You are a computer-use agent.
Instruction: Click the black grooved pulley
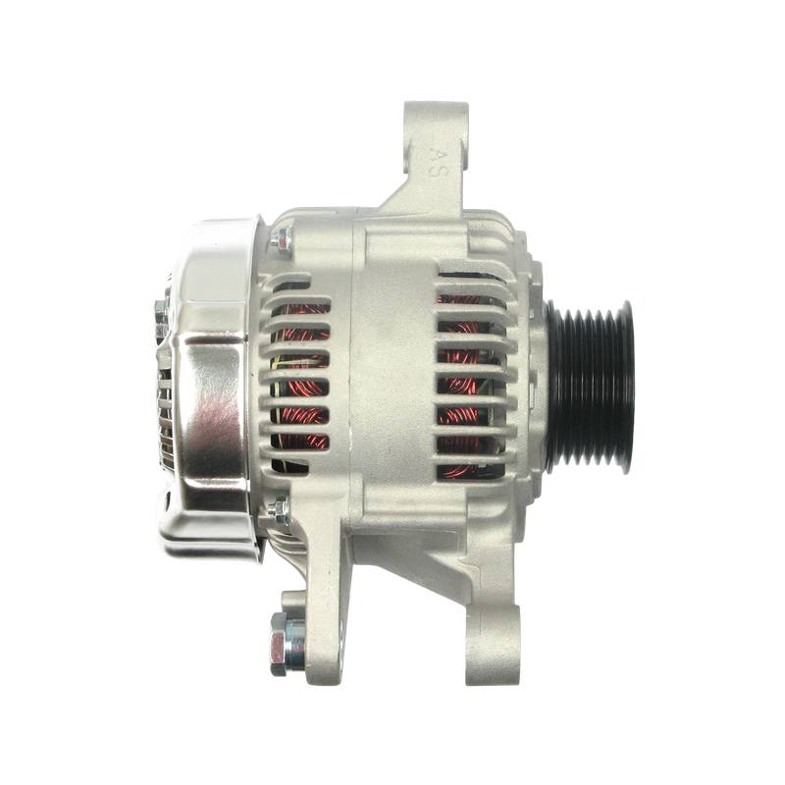(x=590, y=386)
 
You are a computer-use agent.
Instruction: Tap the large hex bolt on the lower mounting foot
(x=288, y=644)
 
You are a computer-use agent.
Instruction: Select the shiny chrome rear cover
(x=210, y=388)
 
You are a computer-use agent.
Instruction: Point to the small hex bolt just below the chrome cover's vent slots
(x=279, y=510)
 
